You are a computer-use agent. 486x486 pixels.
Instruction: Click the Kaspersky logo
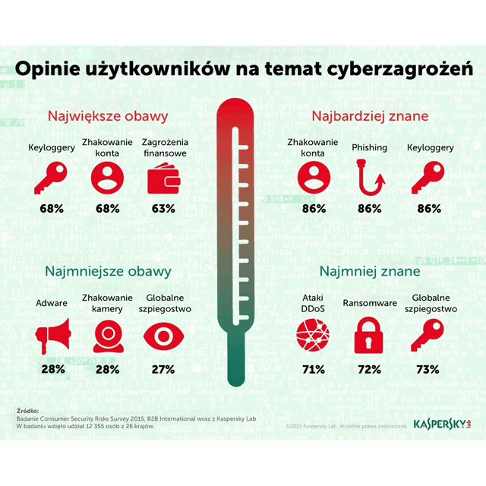pos(440,423)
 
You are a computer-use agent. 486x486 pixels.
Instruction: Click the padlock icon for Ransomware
pos(370,333)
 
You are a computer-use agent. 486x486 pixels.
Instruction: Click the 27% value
pos(163,370)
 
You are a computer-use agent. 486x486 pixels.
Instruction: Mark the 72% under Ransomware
pos(370,370)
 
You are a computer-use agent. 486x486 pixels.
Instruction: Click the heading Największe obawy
pos(107,117)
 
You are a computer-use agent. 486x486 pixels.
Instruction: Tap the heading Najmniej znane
pos(370,271)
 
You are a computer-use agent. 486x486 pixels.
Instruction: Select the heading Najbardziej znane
pos(370,117)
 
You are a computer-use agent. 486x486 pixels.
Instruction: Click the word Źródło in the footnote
pos(28,411)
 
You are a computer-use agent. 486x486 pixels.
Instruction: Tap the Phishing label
pos(370,147)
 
